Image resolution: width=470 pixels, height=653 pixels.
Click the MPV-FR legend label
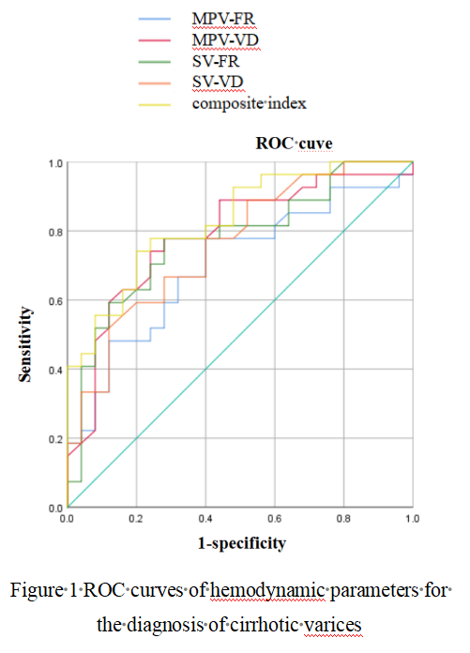223,19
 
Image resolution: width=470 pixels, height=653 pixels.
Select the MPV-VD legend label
225,40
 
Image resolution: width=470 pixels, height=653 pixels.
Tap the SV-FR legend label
216,61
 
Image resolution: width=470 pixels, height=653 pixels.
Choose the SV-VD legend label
218,82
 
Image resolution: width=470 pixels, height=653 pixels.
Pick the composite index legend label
249,103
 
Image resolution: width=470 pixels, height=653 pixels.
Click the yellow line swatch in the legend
155,104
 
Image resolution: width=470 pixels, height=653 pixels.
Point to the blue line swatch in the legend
155,19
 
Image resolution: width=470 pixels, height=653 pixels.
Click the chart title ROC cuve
294,144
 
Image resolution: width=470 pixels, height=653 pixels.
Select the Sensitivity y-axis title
25,344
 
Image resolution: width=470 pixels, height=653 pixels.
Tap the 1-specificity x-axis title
242,543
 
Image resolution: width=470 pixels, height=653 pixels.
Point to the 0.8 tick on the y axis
55,232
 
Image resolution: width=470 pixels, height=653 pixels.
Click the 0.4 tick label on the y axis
55,371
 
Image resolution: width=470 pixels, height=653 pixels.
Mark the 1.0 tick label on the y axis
55,163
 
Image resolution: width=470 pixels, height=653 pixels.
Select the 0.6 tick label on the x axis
275,519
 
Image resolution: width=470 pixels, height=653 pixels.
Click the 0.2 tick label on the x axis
136,519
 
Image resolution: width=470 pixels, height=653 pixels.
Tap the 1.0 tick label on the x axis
412,519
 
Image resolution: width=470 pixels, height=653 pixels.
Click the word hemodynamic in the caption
267,590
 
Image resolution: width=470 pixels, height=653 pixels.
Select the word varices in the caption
333,625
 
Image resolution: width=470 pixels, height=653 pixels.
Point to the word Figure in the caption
37,591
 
